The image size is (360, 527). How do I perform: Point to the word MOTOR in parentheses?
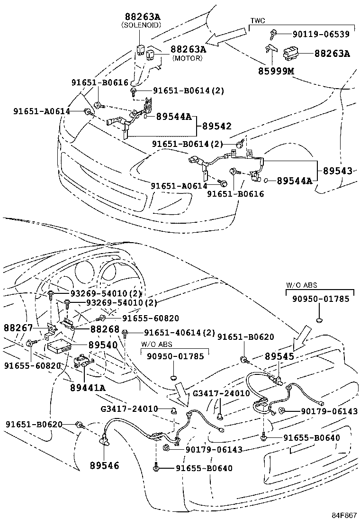coord(187,58)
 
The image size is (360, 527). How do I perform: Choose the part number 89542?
coord(217,126)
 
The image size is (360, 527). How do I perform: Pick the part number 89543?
coord(338,171)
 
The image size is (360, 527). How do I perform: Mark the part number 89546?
coord(104,466)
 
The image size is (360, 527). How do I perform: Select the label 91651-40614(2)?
coord(180,333)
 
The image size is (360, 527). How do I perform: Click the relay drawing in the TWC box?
coord(291,54)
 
